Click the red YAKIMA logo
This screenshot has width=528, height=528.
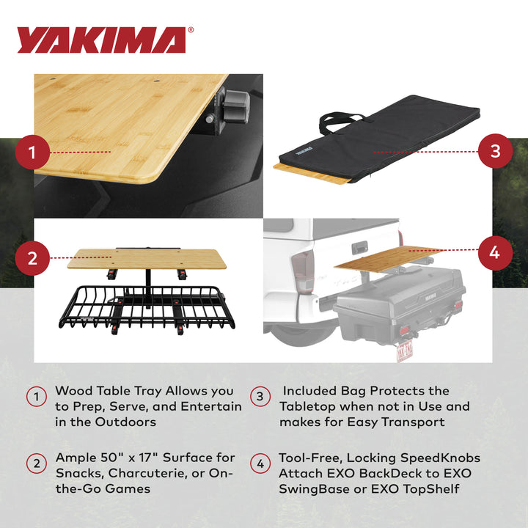(101, 40)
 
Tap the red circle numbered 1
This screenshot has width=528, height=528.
(33, 153)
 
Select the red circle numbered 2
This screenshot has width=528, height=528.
(33, 257)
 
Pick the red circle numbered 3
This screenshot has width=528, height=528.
(495, 152)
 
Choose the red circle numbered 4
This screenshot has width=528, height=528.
(495, 252)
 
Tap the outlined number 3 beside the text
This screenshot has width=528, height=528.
(260, 397)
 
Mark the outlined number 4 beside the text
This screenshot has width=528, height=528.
(260, 464)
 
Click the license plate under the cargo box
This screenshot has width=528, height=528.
(404, 351)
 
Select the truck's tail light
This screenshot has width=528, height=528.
(303, 274)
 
